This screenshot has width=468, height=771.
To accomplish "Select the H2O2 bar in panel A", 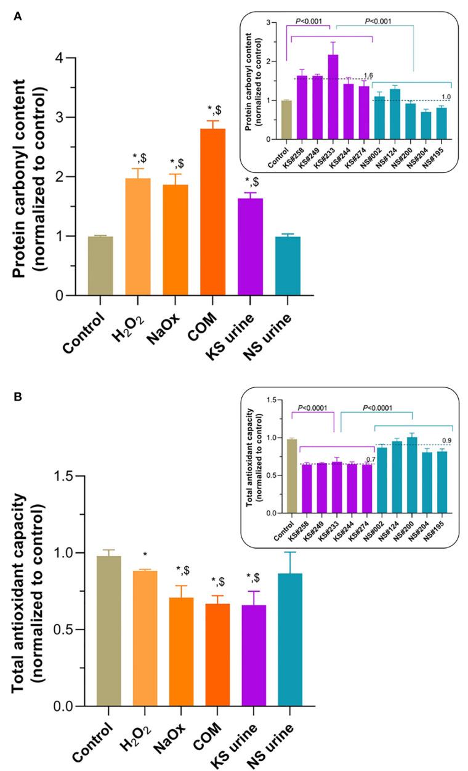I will (139, 237).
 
